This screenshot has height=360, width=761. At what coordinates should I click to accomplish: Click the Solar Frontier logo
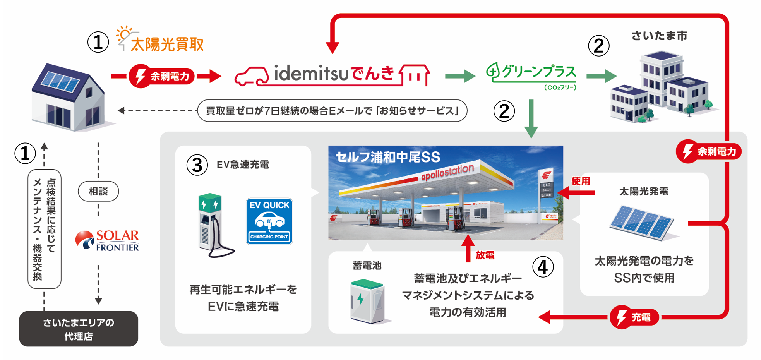click(x=107, y=240)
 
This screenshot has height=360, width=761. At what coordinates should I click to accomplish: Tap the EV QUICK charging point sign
click(x=269, y=221)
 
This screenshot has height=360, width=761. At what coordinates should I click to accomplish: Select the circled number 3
click(x=197, y=165)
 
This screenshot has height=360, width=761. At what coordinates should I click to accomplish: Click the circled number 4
click(x=543, y=267)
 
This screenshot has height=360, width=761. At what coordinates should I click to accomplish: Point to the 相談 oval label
click(x=98, y=191)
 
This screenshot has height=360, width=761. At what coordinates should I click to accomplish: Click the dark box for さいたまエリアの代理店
click(x=79, y=329)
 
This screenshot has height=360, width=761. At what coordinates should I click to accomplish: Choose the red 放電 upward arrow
click(x=468, y=248)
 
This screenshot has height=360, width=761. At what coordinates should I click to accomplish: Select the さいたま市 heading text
click(x=659, y=36)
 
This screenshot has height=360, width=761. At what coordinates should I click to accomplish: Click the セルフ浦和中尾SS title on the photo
click(x=388, y=157)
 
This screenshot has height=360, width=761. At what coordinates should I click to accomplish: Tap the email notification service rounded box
click(x=332, y=111)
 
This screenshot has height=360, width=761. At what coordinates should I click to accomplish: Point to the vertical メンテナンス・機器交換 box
click(x=45, y=229)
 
